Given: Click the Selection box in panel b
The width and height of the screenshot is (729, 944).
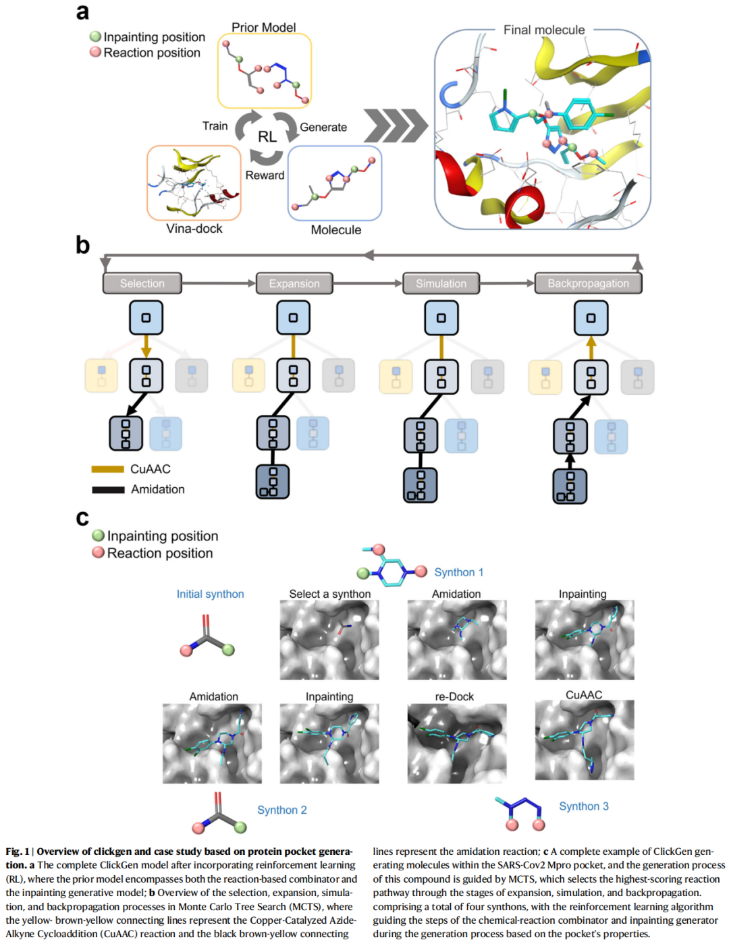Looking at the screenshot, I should coord(142,283).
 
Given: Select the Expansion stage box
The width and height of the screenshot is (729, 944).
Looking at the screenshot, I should coord(294,283).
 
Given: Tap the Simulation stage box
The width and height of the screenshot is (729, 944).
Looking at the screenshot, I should coord(441,283).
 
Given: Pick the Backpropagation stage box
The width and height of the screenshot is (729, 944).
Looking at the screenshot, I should coord(588,283).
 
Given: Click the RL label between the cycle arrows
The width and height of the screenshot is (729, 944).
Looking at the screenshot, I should coord(267,136).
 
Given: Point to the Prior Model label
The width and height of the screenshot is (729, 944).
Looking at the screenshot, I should coord(263,28).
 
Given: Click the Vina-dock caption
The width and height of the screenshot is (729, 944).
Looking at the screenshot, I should coord(194,229).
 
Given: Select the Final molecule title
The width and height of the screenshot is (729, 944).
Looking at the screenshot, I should coord(544,30).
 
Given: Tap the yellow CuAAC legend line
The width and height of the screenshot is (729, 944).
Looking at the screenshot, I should coord(108,469).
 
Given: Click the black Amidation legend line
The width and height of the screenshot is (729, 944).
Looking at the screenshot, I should coord(108,489).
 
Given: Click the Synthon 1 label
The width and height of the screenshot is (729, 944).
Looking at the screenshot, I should coord(459,572).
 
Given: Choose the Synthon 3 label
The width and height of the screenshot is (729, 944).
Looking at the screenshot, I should coord(584,806).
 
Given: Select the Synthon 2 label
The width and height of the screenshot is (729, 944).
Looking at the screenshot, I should coord(282,810).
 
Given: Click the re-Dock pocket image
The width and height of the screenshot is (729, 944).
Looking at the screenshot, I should coord(457,744).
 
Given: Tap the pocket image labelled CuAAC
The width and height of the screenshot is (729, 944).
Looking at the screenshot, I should coord(585,740).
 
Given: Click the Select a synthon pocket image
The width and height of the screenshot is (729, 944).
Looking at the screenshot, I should coord(329,640).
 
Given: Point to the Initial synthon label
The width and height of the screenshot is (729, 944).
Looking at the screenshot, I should coord(211,594).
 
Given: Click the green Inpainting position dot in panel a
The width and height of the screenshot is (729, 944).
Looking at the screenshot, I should coord(96,36).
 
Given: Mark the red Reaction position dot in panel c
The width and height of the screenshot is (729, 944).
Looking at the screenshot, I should coord(99,553).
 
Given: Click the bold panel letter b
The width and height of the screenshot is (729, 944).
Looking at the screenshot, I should coord(82,246).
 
